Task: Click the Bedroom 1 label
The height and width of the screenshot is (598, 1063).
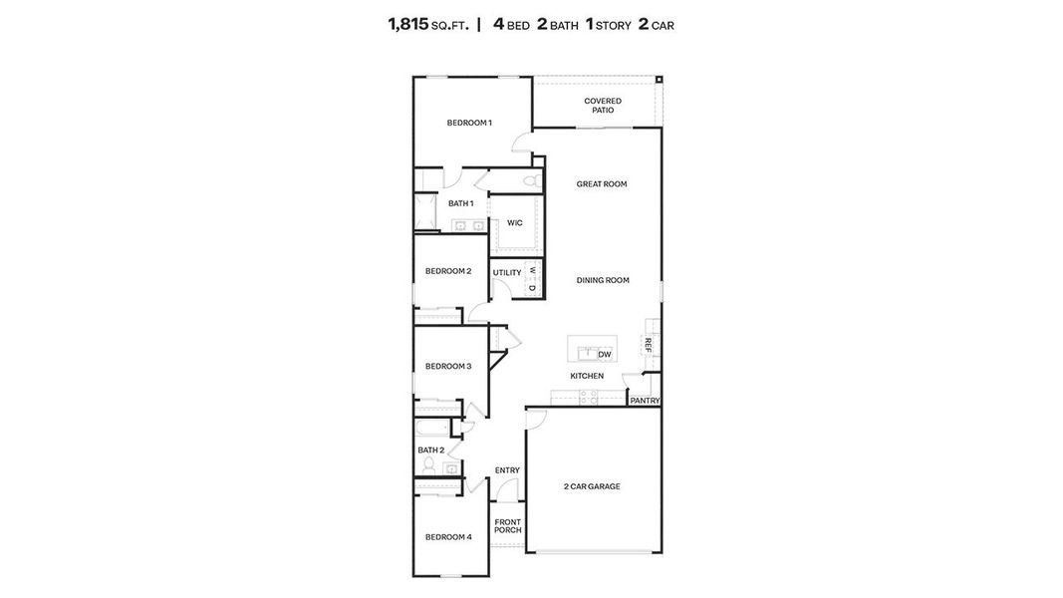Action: coord(469,123)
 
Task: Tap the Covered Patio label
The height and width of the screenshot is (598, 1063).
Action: coord(603,106)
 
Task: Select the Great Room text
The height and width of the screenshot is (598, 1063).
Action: coord(602,184)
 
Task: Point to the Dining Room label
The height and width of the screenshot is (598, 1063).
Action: coord(603,280)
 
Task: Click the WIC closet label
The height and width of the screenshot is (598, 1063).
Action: coord(515,223)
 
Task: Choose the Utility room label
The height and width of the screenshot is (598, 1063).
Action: coord(507,272)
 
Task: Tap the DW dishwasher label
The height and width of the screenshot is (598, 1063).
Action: coord(605,354)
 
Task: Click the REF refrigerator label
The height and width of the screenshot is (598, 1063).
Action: coord(649,345)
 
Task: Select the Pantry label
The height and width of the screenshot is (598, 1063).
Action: coord(645,401)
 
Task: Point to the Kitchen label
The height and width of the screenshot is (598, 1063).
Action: coord(587,376)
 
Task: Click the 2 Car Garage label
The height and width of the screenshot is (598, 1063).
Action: coord(592,486)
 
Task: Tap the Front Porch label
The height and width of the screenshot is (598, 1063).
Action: coord(508,526)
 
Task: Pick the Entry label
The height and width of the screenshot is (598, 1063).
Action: coord(507,470)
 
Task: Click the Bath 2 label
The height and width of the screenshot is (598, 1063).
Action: coord(430,450)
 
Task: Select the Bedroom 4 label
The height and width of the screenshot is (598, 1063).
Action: coord(448,537)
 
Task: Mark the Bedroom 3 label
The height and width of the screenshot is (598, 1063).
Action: coord(448,366)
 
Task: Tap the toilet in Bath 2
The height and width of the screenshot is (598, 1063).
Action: coord(429,466)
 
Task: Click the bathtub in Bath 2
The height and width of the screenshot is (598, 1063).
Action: coord(432,431)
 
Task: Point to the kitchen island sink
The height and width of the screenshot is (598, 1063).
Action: coord(590,352)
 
